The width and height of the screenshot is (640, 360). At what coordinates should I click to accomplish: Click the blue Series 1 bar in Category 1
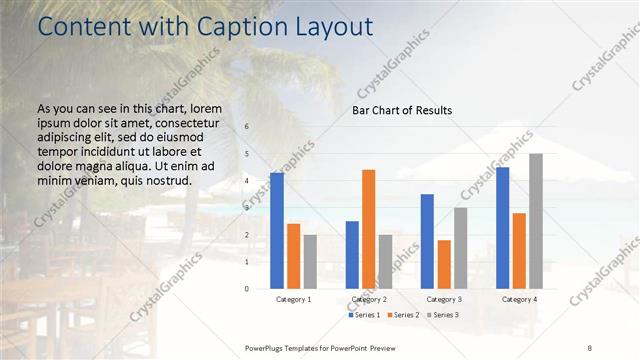tap(277, 231)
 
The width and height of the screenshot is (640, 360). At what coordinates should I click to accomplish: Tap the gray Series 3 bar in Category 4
tap(536, 221)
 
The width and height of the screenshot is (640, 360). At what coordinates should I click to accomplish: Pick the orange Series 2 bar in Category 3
tap(444, 264)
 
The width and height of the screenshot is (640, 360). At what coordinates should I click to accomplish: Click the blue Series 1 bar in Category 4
tap(502, 228)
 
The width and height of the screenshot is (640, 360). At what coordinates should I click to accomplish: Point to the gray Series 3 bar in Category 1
tap(310, 262)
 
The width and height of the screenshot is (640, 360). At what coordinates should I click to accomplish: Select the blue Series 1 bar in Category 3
tap(427, 241)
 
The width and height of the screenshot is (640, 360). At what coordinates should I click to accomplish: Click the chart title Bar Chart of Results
tap(402, 110)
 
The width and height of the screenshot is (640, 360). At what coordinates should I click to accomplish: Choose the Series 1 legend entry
tap(365, 315)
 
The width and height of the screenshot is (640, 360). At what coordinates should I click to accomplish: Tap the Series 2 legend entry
tap(403, 315)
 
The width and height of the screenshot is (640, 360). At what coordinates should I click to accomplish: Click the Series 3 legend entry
tap(441, 315)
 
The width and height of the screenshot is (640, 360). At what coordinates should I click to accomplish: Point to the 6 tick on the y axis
tap(247, 127)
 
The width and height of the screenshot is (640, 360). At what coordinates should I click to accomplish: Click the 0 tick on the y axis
tap(247, 288)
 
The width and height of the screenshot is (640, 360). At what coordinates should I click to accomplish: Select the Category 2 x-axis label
tap(368, 299)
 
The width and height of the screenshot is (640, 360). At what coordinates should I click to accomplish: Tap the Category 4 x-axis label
tap(519, 299)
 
